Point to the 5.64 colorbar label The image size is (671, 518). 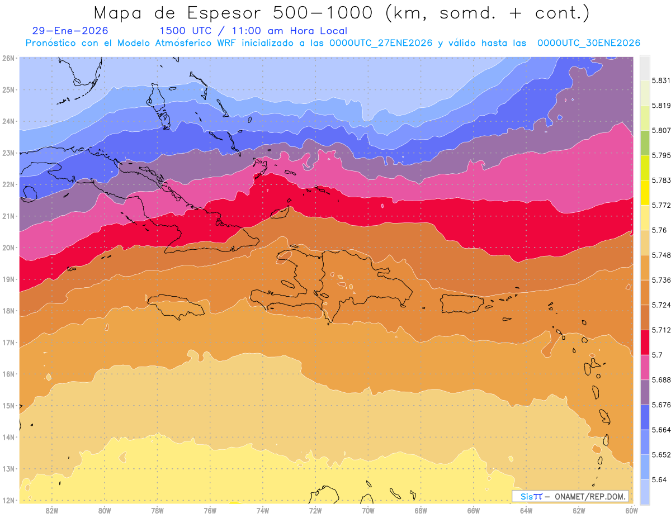point(658,479)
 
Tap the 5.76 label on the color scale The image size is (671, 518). point(658,230)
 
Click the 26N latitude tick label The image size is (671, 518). point(8,58)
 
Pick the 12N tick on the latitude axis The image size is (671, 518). point(8,500)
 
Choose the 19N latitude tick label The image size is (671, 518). point(8,279)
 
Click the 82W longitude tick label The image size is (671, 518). point(52,510)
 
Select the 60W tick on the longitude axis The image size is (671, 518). point(632,510)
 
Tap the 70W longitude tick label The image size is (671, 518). point(368,510)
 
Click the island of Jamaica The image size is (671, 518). point(176,306)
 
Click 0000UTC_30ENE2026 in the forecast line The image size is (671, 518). point(589,43)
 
